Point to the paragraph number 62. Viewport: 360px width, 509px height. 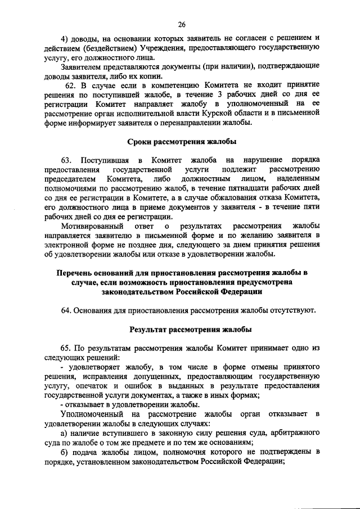pos(71,85)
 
